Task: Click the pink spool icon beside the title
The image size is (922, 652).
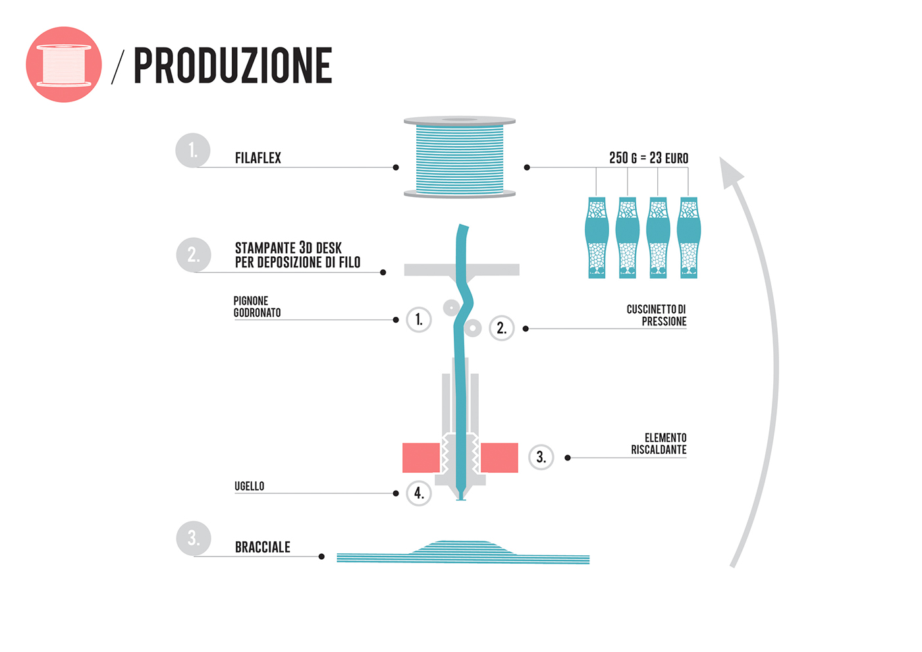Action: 64,65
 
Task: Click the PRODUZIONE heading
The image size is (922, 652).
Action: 232,66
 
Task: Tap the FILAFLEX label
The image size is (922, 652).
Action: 258,158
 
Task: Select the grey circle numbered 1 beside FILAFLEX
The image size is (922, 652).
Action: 192,150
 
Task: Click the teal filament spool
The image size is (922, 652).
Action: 460,158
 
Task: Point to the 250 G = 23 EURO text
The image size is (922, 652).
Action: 648,158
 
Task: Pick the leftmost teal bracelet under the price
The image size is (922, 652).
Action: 597,237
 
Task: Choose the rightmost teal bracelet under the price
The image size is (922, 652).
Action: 689,237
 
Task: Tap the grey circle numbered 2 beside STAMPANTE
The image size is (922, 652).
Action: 193,254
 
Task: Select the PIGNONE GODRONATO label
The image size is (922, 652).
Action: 257,307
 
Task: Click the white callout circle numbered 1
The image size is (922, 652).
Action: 419,320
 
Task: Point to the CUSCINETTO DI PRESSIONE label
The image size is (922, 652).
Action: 656,315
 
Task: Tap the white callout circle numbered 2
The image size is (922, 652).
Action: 501,328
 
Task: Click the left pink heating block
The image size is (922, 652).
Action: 421,458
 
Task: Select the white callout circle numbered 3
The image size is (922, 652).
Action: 541,457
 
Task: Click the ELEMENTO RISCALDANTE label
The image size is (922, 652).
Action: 659,444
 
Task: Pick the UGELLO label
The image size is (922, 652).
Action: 249,486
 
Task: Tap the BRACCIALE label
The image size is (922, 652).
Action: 262,547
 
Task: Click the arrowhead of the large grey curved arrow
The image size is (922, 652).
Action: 730,173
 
